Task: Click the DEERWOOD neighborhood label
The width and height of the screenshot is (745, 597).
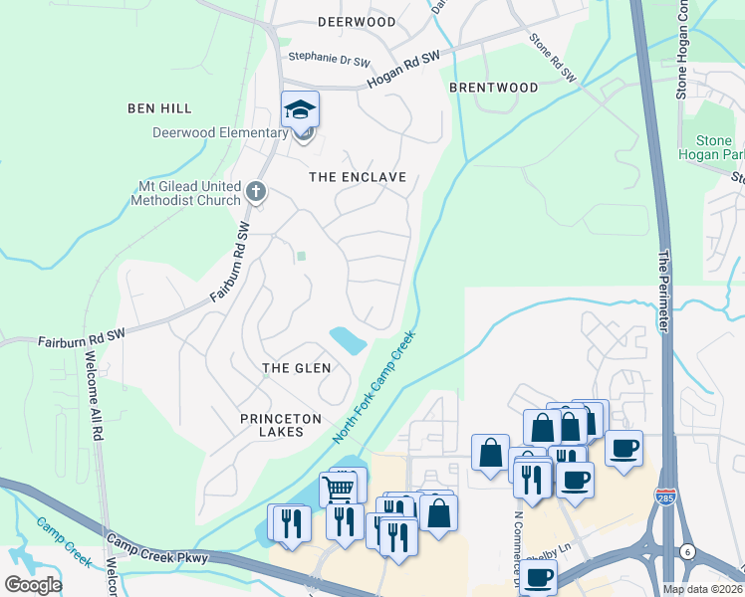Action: point(356,21)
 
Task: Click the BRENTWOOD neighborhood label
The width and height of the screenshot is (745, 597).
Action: point(493,88)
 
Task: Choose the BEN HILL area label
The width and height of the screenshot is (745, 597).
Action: point(159,107)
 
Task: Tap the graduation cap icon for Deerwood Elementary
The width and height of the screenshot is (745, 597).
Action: point(300,110)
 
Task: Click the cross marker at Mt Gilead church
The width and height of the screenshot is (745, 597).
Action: point(256,191)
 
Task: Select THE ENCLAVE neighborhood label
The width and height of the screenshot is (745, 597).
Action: point(358,177)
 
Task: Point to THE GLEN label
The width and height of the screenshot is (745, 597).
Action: point(296,368)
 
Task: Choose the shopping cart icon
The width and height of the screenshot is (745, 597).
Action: point(338,490)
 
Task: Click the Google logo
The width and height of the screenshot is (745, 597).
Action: point(33,584)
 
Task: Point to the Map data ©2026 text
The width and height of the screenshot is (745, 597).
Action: point(700,589)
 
